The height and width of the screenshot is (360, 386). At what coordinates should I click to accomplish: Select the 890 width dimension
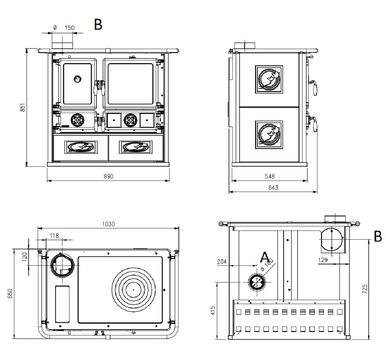(108, 176)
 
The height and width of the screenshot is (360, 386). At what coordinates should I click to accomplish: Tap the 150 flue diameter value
(69, 28)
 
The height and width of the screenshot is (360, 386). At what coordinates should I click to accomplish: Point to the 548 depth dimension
(270, 176)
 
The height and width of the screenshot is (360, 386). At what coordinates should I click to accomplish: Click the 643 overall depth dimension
(273, 187)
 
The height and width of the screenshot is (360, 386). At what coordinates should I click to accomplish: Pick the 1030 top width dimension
(108, 224)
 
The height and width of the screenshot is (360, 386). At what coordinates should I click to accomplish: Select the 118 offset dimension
(54, 236)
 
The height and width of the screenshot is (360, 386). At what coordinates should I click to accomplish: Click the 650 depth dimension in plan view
(10, 293)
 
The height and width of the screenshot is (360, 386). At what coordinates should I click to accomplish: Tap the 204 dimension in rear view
(222, 261)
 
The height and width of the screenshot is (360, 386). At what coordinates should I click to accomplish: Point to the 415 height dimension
(213, 311)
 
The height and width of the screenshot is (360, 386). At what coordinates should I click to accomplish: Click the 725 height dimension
(364, 289)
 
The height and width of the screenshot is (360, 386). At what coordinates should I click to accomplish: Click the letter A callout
(264, 257)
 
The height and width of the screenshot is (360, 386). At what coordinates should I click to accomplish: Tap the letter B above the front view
(98, 24)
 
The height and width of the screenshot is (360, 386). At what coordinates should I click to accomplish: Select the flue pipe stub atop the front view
(62, 45)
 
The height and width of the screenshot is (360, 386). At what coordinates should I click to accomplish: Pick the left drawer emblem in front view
(81, 147)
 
